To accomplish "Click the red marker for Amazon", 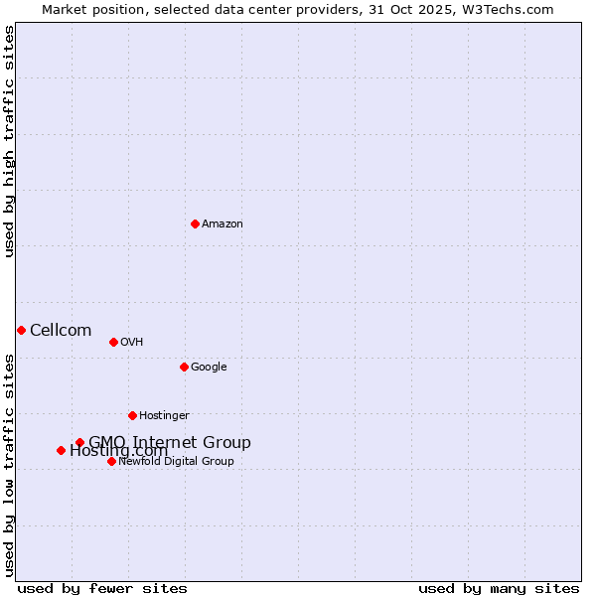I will (x=195, y=223).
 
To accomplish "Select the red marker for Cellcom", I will (x=21, y=330).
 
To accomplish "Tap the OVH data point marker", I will (x=113, y=342).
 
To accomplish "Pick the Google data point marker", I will (x=184, y=367).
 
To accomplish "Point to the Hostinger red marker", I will (x=132, y=415).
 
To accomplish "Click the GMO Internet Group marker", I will (x=79, y=443).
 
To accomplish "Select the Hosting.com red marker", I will (x=61, y=450).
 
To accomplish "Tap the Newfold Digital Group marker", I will (x=111, y=461).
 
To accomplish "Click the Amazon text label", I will (x=223, y=224).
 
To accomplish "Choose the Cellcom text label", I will (x=61, y=331).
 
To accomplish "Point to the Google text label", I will (x=209, y=368).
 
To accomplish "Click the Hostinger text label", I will (x=164, y=416).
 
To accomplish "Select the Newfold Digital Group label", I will (x=176, y=462).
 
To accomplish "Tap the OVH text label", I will (x=132, y=343).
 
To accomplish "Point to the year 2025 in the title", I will (x=423, y=9).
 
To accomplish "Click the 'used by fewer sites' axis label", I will (x=102, y=588).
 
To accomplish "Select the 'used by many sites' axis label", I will (x=499, y=588).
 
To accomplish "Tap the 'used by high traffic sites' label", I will (x=9, y=141).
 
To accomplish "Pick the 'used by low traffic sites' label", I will (x=9, y=464).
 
